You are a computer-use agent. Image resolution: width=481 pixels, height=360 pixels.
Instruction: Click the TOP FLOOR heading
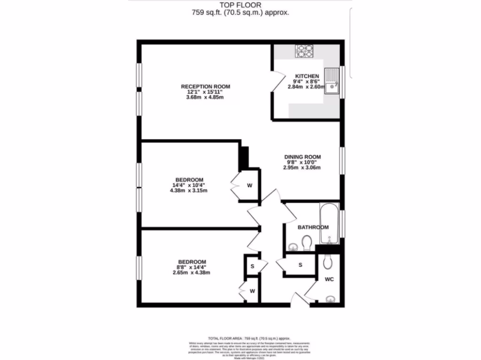tap(240, 5)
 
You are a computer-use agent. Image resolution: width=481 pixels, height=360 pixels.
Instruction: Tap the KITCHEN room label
tap(307, 76)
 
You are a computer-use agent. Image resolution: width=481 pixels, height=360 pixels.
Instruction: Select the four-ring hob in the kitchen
tap(304, 51)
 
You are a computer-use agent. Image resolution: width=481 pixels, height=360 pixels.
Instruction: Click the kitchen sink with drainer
tap(333, 81)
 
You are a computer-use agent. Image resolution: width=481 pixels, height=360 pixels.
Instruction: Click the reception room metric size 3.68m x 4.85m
tap(205, 97)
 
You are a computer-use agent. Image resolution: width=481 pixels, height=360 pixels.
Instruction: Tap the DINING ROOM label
tap(302, 157)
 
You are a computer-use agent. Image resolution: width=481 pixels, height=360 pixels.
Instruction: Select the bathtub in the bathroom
tap(329, 224)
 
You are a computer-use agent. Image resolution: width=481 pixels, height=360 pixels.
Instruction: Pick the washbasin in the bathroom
tap(293, 245)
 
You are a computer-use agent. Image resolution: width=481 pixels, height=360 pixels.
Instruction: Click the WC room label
tap(329, 280)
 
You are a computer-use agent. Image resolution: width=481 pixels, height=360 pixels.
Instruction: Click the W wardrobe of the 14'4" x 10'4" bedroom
tap(250, 186)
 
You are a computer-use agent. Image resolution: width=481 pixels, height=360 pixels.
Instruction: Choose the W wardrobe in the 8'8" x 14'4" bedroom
tap(252, 291)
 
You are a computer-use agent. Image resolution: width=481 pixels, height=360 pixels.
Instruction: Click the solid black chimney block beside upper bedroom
tap(244, 158)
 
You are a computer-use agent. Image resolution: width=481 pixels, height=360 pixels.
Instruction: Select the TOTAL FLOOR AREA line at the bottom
tap(249, 337)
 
